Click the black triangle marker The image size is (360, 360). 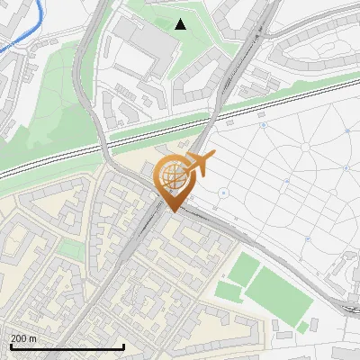(x=181, y=24)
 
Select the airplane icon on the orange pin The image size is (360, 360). (x=199, y=164)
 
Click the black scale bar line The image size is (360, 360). (x=67, y=347)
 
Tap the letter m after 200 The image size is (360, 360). (x=32, y=339)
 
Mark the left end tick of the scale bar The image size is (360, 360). (x=10, y=346)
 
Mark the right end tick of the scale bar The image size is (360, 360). (x=123, y=346)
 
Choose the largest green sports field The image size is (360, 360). (x=278, y=295)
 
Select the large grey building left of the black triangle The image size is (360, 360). (x=136, y=46)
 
